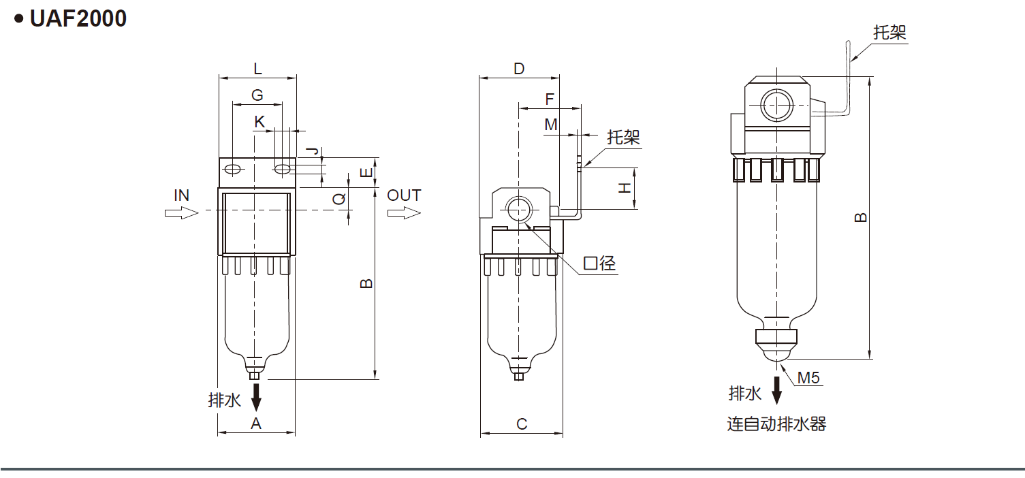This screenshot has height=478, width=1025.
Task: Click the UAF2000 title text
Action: (x=78, y=19)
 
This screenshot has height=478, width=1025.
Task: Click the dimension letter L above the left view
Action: (x=257, y=68)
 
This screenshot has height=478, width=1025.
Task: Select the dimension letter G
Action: (x=257, y=95)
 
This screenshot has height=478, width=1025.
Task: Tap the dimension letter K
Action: (x=259, y=122)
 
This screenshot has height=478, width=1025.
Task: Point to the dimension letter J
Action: (x=313, y=151)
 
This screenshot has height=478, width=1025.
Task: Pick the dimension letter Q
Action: (x=338, y=199)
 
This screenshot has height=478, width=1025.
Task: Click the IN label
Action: (x=181, y=195)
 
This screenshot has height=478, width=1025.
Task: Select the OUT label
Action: (x=404, y=195)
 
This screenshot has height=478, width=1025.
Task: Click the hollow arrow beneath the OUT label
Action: (x=405, y=213)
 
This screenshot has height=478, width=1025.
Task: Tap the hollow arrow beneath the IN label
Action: (x=181, y=213)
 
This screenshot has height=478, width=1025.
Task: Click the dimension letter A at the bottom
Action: (x=256, y=424)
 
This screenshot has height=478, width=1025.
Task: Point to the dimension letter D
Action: (x=519, y=68)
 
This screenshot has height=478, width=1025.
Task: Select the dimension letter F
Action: (x=550, y=99)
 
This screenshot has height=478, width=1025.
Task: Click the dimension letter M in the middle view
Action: (x=551, y=125)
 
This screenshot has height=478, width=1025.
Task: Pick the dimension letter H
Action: (x=625, y=188)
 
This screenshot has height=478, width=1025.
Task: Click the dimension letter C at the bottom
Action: (x=522, y=424)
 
